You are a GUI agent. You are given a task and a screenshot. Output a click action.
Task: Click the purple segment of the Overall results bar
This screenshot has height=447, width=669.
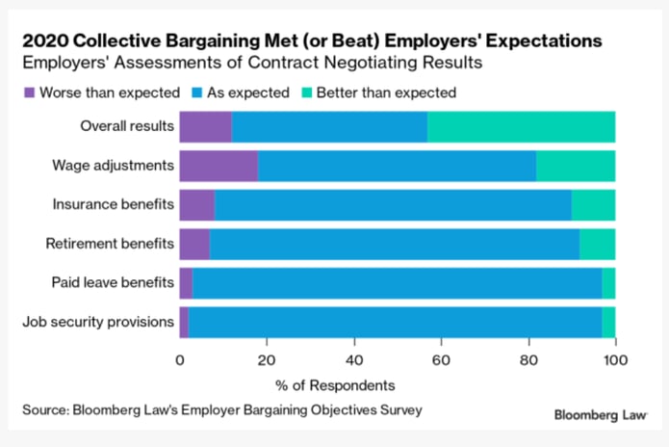[x=206, y=126]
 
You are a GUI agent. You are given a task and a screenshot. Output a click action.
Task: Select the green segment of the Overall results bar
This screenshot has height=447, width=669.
[x=521, y=126]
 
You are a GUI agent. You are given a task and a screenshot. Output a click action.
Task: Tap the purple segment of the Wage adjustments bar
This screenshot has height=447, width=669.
[x=219, y=166]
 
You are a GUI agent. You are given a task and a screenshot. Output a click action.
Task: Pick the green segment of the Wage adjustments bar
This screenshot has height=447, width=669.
[x=576, y=166]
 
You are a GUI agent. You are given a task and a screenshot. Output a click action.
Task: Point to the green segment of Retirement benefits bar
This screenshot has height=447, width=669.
[x=597, y=244]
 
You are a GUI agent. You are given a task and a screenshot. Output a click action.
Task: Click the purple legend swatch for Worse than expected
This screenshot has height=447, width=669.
[x=29, y=92]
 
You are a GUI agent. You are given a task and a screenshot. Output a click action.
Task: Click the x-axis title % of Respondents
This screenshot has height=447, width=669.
[x=397, y=385]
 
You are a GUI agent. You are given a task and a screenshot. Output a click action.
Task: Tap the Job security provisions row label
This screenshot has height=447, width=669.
[x=98, y=323]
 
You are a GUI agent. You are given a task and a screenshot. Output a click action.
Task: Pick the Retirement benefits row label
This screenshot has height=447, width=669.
[x=110, y=244]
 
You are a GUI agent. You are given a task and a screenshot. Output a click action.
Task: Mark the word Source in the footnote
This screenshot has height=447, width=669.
[x=45, y=410]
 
